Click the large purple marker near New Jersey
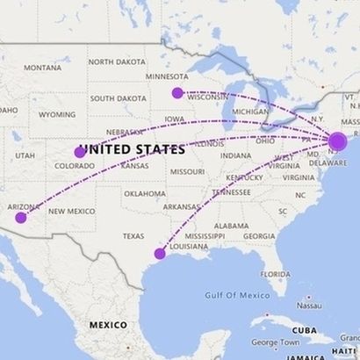338,141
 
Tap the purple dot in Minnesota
177,93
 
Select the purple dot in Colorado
80,152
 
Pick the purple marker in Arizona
21,218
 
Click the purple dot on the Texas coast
160,254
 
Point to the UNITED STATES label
133,149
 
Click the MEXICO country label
107,324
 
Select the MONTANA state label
42,68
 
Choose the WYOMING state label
57,114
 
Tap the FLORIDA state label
275,274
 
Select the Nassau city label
307,306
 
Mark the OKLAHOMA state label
145,193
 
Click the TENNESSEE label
230,191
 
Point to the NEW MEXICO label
72,212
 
